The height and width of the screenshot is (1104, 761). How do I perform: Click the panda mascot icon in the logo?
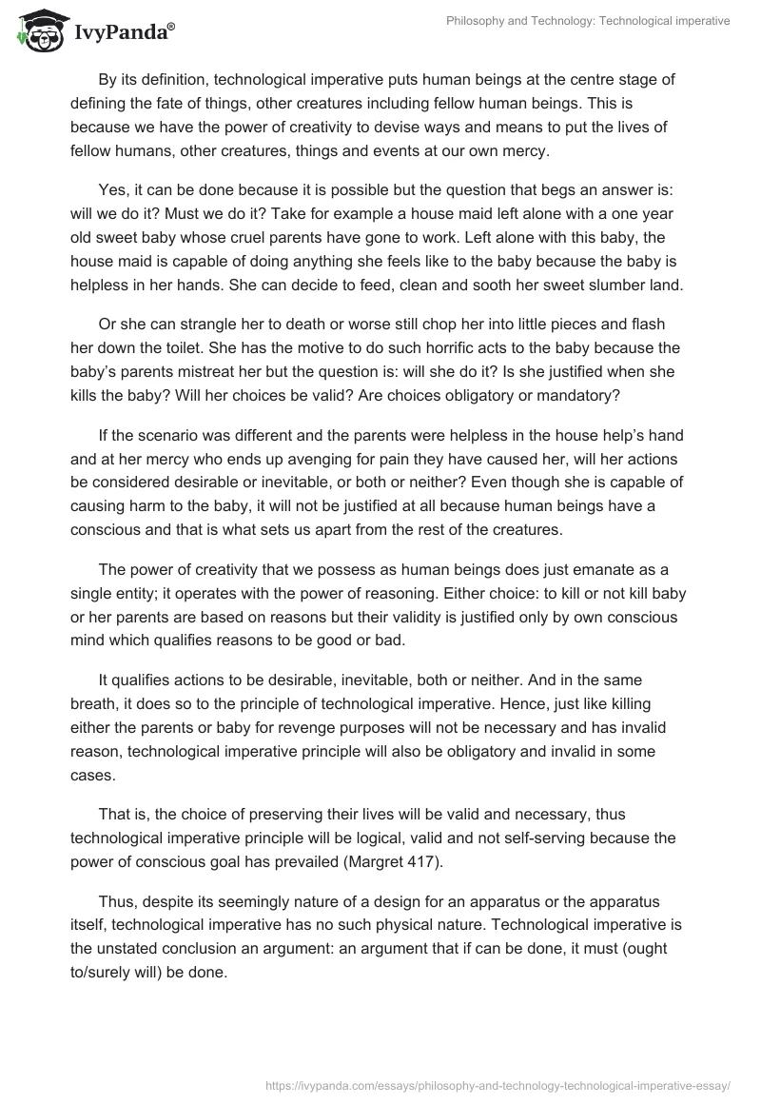click(36, 32)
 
